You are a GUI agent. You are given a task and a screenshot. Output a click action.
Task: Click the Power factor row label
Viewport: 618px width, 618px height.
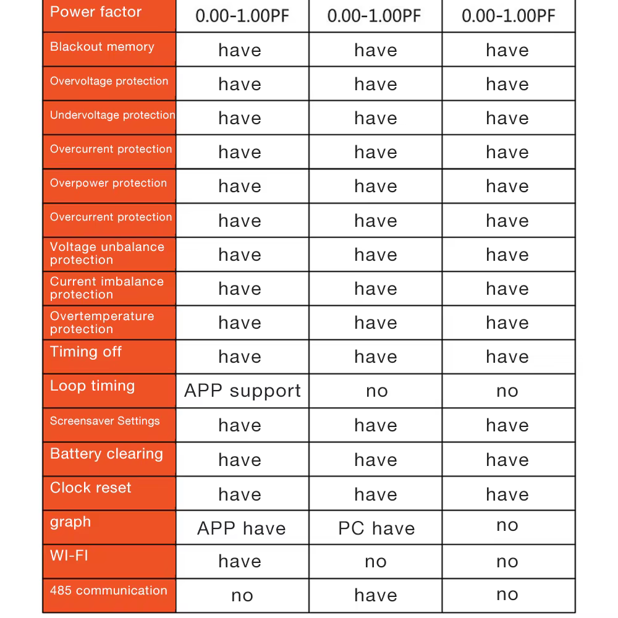pyautogui.click(x=96, y=12)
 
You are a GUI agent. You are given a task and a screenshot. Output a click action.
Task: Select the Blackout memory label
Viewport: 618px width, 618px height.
pyautogui.click(x=102, y=47)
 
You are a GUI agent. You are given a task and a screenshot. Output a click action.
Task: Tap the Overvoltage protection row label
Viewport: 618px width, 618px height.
pyautogui.click(x=109, y=81)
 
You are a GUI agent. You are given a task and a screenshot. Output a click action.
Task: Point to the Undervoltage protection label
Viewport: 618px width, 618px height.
pyautogui.click(x=112, y=115)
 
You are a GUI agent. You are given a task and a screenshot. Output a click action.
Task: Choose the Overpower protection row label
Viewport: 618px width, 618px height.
pyautogui.click(x=108, y=183)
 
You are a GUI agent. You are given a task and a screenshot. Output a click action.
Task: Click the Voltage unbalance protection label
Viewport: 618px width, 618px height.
pyautogui.click(x=107, y=253)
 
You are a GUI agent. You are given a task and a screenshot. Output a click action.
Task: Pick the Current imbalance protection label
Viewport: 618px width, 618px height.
pyautogui.click(x=106, y=288)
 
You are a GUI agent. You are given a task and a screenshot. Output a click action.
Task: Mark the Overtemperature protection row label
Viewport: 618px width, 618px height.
pyautogui.click(x=102, y=322)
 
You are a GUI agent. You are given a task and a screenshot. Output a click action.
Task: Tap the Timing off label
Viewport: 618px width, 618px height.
pyautogui.click(x=86, y=352)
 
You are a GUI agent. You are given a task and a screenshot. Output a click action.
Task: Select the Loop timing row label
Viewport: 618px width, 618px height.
pyautogui.click(x=92, y=386)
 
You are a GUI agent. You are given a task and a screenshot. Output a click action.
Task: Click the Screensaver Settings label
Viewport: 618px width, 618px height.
pyautogui.click(x=104, y=421)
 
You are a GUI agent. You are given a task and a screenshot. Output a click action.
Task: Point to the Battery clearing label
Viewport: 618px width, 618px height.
pyautogui.click(x=106, y=454)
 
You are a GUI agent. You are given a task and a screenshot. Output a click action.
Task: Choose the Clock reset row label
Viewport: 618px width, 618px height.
pyautogui.click(x=91, y=488)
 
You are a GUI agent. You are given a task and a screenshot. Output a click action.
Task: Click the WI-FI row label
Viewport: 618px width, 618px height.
pyautogui.click(x=69, y=556)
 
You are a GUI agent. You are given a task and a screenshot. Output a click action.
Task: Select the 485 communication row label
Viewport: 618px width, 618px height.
pyautogui.click(x=108, y=590)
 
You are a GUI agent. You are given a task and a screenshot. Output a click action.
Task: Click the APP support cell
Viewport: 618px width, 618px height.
pyautogui.click(x=242, y=391)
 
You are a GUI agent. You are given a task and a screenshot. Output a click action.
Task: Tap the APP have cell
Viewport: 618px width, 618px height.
pyautogui.click(x=242, y=528)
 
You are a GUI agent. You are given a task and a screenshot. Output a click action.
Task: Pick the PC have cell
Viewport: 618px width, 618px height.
pyautogui.click(x=376, y=528)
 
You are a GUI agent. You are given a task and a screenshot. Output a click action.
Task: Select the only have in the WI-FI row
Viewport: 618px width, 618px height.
pyautogui.click(x=240, y=561)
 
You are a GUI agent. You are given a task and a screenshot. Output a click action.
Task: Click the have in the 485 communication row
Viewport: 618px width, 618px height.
pyautogui.click(x=376, y=595)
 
